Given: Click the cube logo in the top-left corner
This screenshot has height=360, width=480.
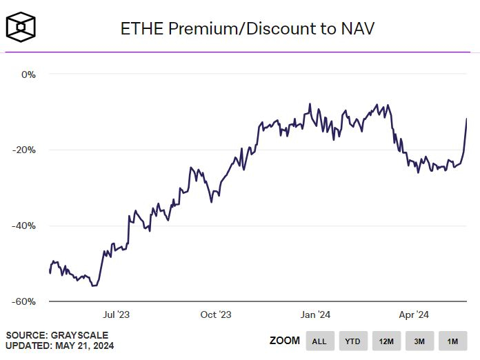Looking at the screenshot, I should point(21,26).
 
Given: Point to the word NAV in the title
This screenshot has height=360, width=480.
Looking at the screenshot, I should point(358,28).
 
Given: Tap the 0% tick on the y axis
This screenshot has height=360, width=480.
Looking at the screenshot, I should point(28,74).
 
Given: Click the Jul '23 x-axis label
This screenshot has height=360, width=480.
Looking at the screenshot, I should point(116,315).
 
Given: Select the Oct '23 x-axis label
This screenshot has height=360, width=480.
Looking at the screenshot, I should point(216,315).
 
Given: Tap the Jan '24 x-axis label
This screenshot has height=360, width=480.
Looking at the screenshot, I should point(316,315).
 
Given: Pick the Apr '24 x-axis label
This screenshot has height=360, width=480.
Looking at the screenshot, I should point(414,315).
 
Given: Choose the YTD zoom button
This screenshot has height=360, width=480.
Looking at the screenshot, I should point(352,341).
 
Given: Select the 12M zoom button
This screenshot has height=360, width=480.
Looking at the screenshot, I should point(386,341).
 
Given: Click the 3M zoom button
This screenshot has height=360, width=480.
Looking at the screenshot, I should point(419,341).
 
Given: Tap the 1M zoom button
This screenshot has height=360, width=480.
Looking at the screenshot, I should point(452,341).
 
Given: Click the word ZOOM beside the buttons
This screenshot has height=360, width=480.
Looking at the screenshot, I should point(284,341).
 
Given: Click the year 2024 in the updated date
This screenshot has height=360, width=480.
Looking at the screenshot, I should point(103,346).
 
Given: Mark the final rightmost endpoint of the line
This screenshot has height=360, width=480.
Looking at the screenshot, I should point(467,119).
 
